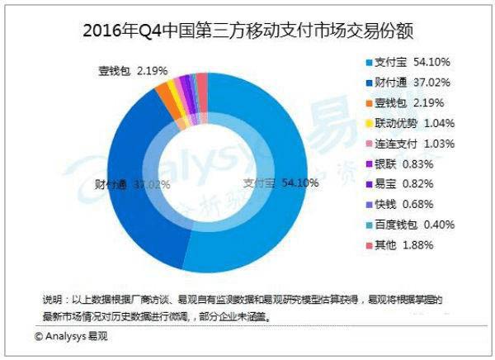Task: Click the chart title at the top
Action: [x=247, y=31]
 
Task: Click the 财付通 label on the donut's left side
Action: [x=109, y=183]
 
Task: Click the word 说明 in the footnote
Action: [x=51, y=297]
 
